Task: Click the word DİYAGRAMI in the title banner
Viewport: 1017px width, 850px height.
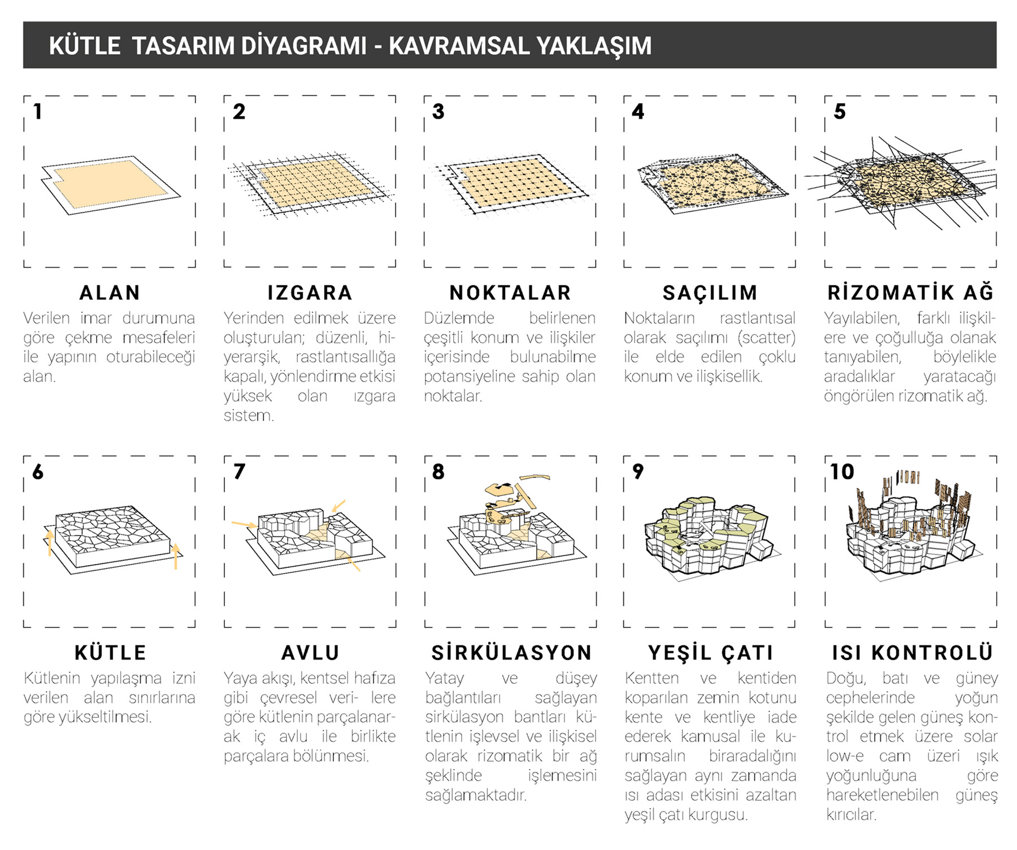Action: coord(303,46)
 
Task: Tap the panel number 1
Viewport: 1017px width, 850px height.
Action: coord(38,111)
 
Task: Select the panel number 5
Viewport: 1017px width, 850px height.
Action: coord(840,111)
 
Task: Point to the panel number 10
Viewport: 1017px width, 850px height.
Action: coord(841,471)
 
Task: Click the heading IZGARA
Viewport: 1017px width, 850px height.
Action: coord(310,293)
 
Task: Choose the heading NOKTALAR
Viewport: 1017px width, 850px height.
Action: coord(510,293)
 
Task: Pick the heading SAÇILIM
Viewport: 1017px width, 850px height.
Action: coord(710,293)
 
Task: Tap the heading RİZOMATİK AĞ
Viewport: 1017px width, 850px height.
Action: coord(910,293)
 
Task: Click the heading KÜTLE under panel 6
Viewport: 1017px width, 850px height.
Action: coord(110,653)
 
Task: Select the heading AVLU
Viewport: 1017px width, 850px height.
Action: coord(310,653)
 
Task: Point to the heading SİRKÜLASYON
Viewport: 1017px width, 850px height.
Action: coord(511,653)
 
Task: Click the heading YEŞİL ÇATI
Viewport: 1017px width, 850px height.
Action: coord(710,653)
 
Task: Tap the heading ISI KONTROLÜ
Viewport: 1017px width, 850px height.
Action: coord(912,653)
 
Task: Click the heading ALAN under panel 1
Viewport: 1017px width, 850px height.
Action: coord(110,293)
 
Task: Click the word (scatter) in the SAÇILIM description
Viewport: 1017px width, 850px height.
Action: coord(766,338)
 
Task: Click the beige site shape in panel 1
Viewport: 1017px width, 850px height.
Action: coord(110,182)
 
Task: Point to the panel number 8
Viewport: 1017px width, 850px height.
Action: coord(438,471)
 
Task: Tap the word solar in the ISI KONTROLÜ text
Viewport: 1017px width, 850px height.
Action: coord(980,736)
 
